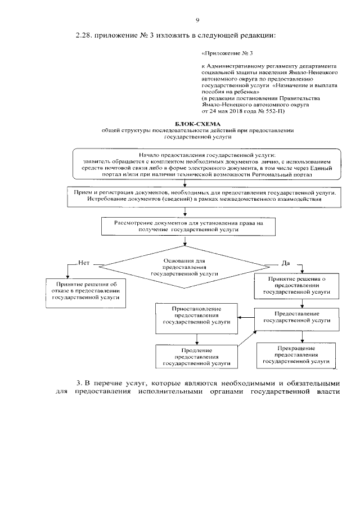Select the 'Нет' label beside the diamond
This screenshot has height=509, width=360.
(84, 263)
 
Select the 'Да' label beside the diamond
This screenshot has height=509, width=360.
(285, 263)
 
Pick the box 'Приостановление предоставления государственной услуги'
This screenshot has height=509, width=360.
(197, 316)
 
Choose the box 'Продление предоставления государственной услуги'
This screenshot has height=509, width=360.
(197, 357)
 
